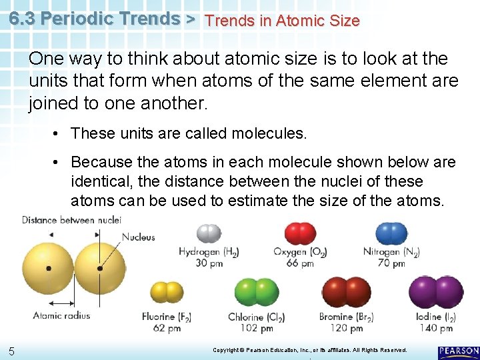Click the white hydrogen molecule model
[x=209, y=233]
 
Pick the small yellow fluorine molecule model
[x=167, y=292]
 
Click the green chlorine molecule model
[x=257, y=292]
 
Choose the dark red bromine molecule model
[x=347, y=292]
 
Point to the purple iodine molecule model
[x=436, y=292]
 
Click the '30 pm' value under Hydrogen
[x=209, y=263]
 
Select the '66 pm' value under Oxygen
[x=300, y=263]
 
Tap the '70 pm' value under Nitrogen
[x=391, y=263]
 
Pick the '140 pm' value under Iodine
[x=437, y=328]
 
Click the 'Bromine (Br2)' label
[x=347, y=317]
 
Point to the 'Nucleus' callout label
[x=139, y=237]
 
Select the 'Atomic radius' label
[x=61, y=315]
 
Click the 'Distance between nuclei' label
[x=71, y=220]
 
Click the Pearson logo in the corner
[x=459, y=351]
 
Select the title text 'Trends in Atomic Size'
[x=282, y=21]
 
